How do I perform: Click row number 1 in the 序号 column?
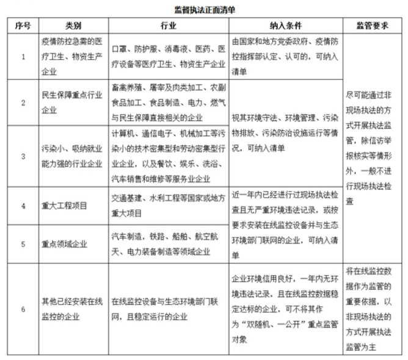[x=23, y=57]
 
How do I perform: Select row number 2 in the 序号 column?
[x=23, y=102]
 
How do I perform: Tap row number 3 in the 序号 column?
[x=23, y=156]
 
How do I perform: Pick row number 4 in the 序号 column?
[x=23, y=206]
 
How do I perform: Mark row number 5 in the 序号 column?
[x=23, y=245]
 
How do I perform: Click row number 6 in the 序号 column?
[x=23, y=309]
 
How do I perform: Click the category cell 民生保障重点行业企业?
[x=70, y=102]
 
